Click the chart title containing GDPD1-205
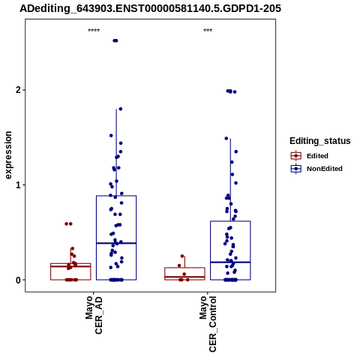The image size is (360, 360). click(150, 9)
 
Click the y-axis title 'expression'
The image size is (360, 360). click(8, 155)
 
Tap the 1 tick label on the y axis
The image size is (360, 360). click(19, 185)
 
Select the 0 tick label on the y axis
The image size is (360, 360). click(19, 280)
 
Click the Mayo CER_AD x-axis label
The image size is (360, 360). click(94, 314)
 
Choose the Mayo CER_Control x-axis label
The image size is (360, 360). click(208, 324)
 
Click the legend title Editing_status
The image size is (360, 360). click(320, 141)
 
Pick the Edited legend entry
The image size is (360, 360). click(309, 156)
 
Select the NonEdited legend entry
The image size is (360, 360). click(316, 169)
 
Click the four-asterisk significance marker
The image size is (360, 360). click(94, 31)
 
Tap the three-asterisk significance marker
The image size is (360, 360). click(208, 31)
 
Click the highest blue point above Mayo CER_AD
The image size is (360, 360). click(115, 40)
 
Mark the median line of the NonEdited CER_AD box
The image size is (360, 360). click(116, 243)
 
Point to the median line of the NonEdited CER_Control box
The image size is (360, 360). click(230, 262)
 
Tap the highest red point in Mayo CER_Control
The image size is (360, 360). click(182, 256)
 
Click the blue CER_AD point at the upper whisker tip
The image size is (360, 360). click(120, 109)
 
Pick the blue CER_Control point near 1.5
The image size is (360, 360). click(226, 138)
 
